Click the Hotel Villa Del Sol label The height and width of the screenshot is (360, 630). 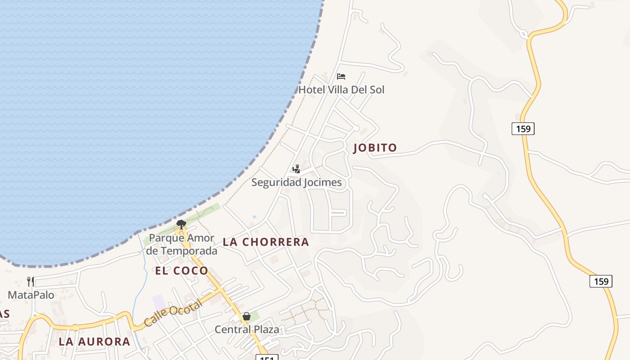(342, 90)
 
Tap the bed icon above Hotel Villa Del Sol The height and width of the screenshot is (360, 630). (341, 76)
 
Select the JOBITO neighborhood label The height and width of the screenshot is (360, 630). (375, 148)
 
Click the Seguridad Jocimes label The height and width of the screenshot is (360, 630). (297, 182)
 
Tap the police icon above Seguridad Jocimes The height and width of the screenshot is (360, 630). (296, 169)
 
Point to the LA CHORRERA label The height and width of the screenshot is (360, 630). (266, 242)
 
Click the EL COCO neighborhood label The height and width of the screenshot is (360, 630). (182, 270)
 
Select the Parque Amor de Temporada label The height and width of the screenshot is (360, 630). (182, 244)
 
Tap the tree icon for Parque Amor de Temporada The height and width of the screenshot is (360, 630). (181, 224)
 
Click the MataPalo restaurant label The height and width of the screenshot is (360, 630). (31, 295)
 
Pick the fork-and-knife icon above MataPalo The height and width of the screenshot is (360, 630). (31, 282)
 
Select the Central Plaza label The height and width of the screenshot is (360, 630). (247, 329)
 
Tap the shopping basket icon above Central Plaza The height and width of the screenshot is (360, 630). (246, 316)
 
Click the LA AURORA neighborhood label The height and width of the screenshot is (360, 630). (94, 342)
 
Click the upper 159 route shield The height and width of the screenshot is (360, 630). (523, 129)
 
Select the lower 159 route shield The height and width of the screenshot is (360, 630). (601, 282)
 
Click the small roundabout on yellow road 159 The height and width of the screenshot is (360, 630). (523, 33)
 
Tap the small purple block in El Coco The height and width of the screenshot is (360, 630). (159, 302)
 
